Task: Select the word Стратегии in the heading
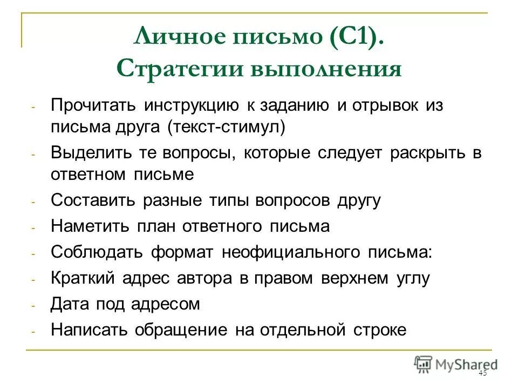(178, 70)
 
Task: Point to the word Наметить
(90, 226)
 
